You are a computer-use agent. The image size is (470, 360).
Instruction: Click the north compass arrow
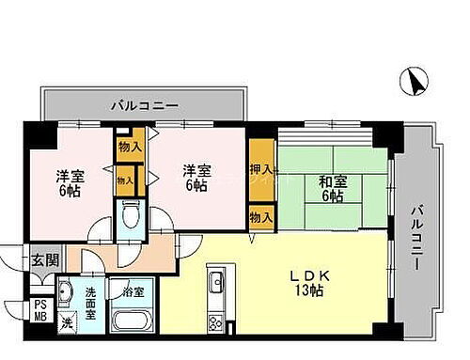(x=414, y=82)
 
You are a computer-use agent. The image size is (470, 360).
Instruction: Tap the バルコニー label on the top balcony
(x=144, y=105)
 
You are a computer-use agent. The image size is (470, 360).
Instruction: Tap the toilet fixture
(x=132, y=214)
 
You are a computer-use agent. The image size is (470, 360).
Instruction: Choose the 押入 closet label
(x=262, y=171)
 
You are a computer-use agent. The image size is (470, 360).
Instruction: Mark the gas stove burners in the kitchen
(x=215, y=322)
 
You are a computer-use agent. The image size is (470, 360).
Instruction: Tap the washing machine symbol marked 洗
(x=67, y=322)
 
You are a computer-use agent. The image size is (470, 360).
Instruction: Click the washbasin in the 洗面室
(x=67, y=292)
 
